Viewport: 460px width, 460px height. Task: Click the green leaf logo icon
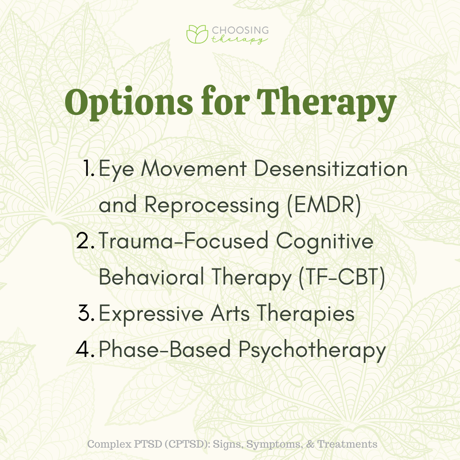coord(197,34)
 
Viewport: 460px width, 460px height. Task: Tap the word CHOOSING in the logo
coord(240,30)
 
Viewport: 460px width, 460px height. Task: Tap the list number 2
coord(85,241)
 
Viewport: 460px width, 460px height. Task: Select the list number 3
coord(86,313)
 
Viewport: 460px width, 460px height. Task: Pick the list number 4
coord(85,349)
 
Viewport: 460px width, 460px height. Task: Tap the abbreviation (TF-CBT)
coord(342,277)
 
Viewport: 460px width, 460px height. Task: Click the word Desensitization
coord(331,169)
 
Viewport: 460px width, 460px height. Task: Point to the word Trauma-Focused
coord(183,241)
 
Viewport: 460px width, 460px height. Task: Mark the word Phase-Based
coord(164,349)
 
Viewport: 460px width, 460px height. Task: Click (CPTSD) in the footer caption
coord(187,444)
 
